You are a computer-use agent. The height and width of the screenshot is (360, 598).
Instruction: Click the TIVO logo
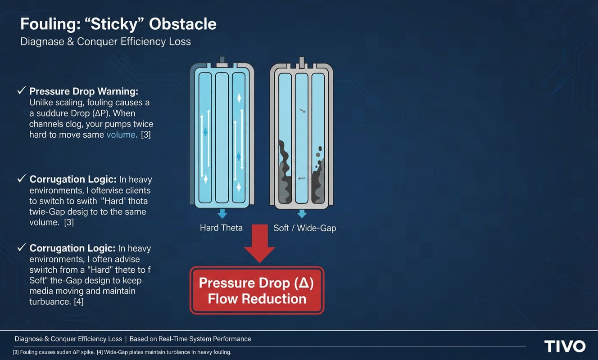pos(565,346)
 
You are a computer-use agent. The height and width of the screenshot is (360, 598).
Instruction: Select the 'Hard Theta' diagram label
pos(221,228)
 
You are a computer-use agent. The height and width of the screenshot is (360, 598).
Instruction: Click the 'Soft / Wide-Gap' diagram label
pos(305,228)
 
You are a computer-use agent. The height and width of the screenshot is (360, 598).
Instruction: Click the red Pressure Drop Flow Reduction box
pos(257,290)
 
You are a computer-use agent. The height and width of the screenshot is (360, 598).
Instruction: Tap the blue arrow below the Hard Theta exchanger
pos(221,213)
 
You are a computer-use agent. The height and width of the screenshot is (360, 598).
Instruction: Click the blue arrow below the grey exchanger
pos(301,213)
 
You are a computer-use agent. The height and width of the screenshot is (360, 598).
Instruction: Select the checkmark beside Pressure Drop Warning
pos(21,91)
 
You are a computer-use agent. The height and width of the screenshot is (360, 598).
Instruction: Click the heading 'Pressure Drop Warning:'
pos(83,91)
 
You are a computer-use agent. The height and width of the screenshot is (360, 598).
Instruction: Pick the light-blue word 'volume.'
pos(122,135)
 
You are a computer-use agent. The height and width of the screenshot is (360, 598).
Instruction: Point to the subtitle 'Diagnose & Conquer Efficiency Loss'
pos(105,42)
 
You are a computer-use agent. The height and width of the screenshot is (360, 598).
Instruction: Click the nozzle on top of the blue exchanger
pos(221,60)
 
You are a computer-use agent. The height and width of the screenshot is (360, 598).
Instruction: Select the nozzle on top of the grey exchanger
pos(301,60)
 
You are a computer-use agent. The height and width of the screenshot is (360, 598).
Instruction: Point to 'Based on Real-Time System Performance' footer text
pos(190,339)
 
